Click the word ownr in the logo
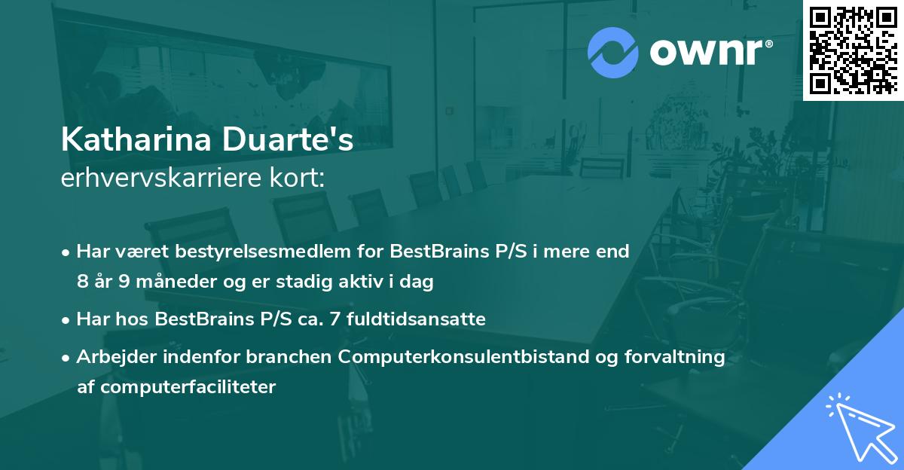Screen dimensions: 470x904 (709, 53)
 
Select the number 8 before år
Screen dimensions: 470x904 (82, 282)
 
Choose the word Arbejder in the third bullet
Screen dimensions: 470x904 (110, 357)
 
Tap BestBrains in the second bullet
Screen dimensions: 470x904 (202, 319)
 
